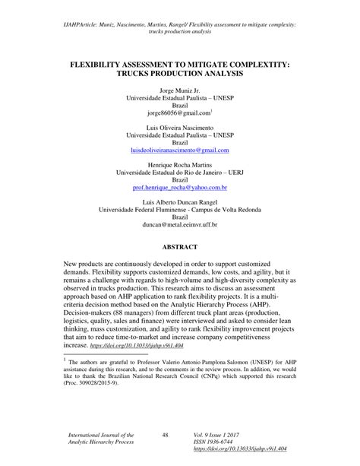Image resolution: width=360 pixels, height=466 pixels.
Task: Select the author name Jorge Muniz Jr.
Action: point(179,90)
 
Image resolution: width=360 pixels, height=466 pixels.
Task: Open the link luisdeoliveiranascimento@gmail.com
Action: point(179,151)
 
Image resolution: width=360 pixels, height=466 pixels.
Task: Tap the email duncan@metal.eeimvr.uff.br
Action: point(179,225)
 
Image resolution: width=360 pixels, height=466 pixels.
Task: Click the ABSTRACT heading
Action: point(179,249)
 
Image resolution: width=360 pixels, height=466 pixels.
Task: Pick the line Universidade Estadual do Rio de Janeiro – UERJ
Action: point(179,173)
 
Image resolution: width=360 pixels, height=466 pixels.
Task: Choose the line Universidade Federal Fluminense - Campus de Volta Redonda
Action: point(179,212)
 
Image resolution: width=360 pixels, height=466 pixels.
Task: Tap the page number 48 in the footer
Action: point(165,434)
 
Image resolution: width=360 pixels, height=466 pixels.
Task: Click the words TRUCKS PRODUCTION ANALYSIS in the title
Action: point(180,76)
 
